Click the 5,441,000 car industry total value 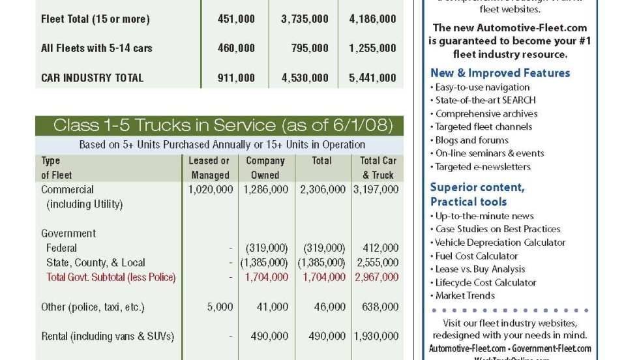click(372, 78)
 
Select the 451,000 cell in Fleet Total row click(236, 19)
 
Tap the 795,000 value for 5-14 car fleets click(310, 48)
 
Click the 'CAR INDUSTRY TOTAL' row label click(92, 78)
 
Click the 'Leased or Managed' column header click(209, 168)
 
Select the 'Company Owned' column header click(265, 168)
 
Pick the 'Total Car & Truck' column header click(378, 168)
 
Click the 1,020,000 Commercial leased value click(210, 190)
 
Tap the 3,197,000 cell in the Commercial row click(376, 190)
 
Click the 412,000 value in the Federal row click(381, 248)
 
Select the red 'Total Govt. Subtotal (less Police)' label click(111, 277)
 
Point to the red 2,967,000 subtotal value click(376, 277)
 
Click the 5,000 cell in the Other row click(220, 307)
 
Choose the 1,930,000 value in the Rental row click(376, 337)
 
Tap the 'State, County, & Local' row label click(95, 263)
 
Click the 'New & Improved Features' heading click(500, 73)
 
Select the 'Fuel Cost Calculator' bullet click(477, 256)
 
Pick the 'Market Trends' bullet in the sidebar click(465, 295)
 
